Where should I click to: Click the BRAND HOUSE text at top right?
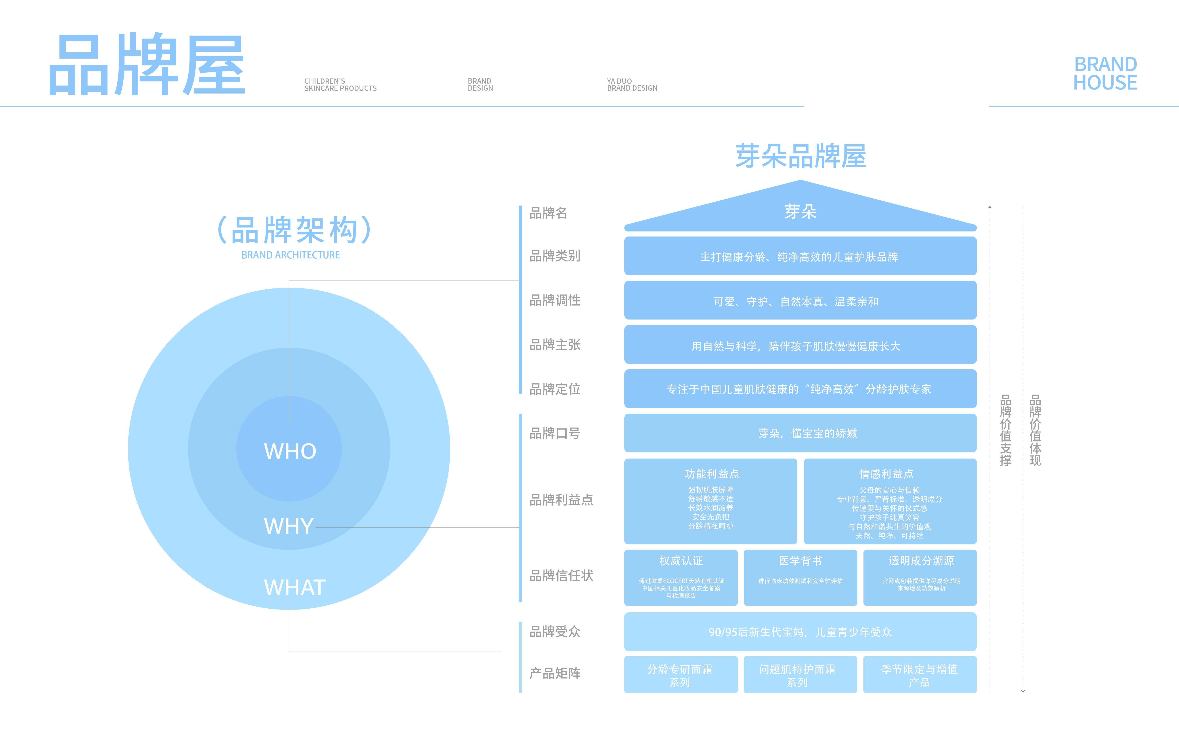pyautogui.click(x=1105, y=73)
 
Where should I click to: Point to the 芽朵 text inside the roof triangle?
pyautogui.click(x=800, y=211)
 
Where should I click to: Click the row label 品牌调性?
pyautogui.click(x=555, y=300)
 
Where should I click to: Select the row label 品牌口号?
pyautogui.click(x=555, y=433)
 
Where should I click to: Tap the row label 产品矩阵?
pyautogui.click(x=555, y=673)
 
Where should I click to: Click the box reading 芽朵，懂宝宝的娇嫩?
pyautogui.click(x=800, y=433)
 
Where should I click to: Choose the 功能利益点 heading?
pyautogui.click(x=711, y=474)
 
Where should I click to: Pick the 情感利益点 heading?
pyautogui.click(x=886, y=474)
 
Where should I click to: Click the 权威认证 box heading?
pyautogui.click(x=680, y=561)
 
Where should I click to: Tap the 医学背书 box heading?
pyautogui.click(x=800, y=561)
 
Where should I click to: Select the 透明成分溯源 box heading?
pyautogui.click(x=921, y=561)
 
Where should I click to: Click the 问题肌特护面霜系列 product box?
pyautogui.click(x=797, y=675)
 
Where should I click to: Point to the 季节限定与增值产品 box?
pyautogui.click(x=919, y=675)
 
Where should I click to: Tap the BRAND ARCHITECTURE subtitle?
pyautogui.click(x=290, y=255)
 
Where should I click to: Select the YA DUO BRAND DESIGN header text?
pyautogui.click(x=632, y=85)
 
